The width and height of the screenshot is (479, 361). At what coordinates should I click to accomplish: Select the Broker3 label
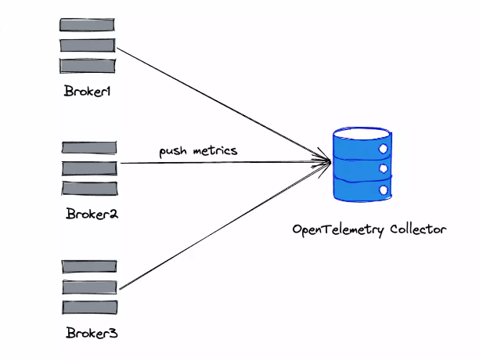(92, 334)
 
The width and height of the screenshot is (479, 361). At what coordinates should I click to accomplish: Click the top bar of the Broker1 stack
(88, 24)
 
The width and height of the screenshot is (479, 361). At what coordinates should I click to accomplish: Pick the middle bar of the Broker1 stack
(88, 45)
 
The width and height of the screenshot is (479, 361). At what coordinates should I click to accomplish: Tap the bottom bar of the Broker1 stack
(88, 66)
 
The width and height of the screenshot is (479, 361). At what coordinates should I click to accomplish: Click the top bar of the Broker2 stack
(89, 147)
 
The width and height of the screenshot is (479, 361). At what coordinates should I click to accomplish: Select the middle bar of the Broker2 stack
(89, 168)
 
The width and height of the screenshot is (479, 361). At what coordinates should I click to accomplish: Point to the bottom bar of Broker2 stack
(89, 188)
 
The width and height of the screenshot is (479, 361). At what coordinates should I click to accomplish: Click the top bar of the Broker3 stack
(89, 267)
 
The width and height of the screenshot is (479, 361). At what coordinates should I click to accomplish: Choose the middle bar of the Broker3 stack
(89, 287)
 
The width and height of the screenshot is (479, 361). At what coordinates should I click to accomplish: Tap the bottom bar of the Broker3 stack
(89, 307)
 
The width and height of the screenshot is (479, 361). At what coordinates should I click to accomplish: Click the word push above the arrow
(174, 150)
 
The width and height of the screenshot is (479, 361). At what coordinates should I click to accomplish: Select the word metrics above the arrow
(214, 150)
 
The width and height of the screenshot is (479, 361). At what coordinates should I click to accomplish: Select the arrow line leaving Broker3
(219, 227)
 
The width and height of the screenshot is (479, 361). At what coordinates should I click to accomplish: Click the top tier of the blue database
(361, 146)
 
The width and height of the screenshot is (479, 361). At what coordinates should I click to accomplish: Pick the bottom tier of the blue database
(361, 190)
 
